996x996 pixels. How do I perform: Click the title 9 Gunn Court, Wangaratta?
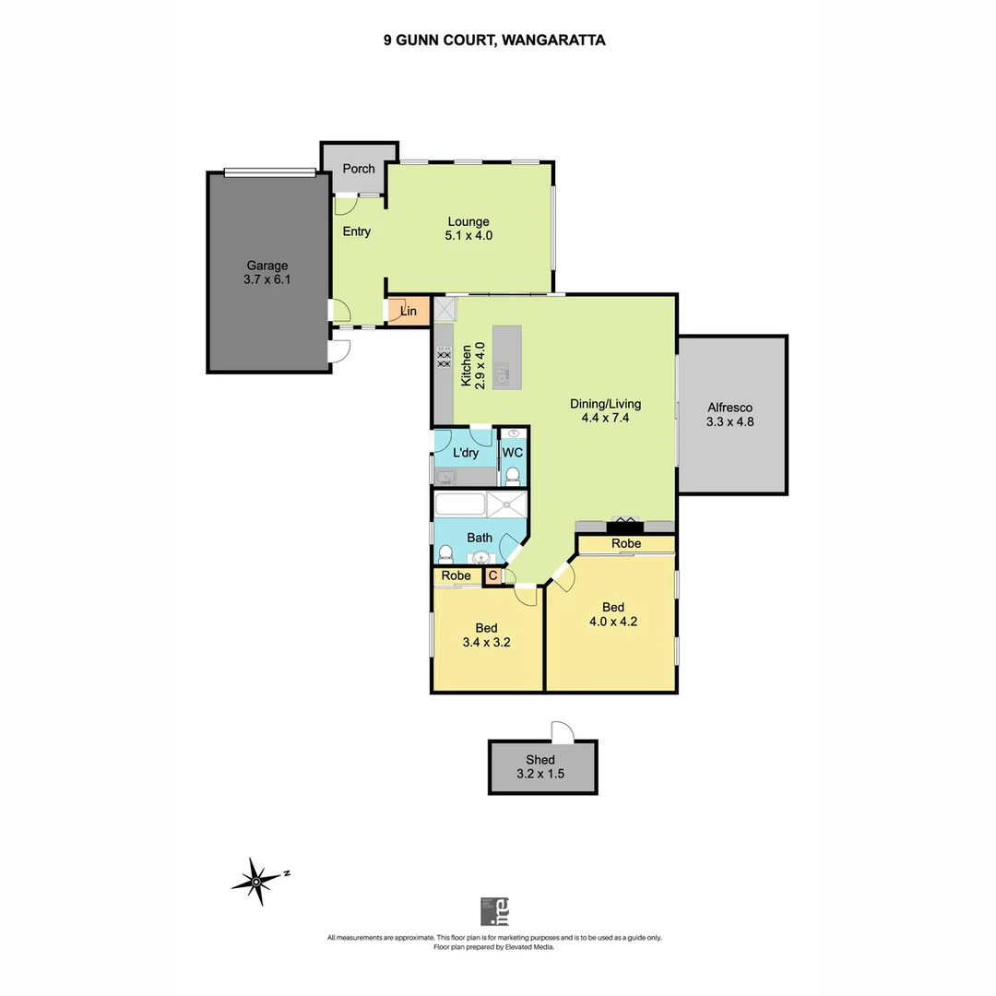point(494,41)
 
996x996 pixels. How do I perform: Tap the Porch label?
point(359,169)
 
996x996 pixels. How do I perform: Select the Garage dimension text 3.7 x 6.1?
point(266,280)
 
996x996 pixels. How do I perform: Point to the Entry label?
point(356,231)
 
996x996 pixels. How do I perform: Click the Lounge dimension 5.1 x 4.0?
point(468,236)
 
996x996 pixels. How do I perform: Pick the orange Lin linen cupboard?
point(409,312)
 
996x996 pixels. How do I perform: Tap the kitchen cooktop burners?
point(444,358)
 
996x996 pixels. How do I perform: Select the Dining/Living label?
point(604,404)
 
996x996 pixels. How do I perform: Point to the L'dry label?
point(466,453)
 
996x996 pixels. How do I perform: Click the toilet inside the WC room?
point(513,476)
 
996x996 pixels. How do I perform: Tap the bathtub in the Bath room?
point(459,505)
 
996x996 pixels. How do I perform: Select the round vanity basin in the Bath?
point(480,557)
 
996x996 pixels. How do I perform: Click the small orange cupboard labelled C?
point(492,576)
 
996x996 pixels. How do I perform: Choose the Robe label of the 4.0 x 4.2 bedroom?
point(626,545)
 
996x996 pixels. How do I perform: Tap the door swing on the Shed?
point(562,731)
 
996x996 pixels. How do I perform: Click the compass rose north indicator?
point(258,880)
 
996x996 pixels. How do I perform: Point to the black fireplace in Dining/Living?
point(624,527)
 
